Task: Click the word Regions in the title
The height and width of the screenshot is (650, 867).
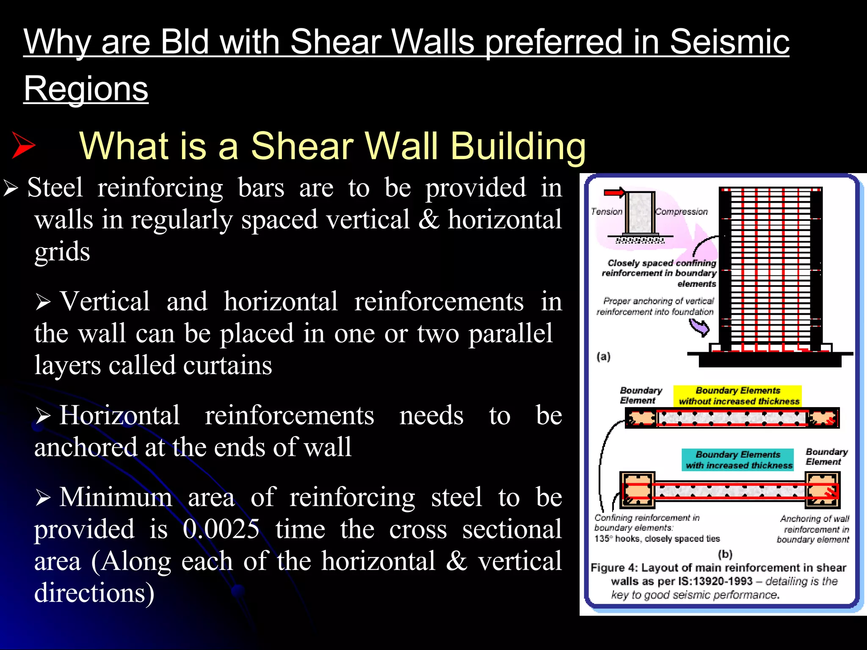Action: click(86, 88)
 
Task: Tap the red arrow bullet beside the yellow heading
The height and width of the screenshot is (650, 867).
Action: click(23, 145)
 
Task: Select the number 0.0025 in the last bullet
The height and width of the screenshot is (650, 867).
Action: click(221, 529)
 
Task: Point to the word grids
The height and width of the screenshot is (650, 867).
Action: click(62, 251)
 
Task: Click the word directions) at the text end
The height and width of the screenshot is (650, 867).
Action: click(94, 592)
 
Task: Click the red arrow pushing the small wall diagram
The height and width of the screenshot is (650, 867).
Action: click(614, 193)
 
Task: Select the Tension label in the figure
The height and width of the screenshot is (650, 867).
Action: click(606, 212)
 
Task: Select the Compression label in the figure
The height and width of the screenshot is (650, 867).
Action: click(682, 212)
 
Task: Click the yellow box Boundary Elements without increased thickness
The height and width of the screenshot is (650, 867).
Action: click(737, 396)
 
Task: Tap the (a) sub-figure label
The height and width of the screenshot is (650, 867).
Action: click(604, 356)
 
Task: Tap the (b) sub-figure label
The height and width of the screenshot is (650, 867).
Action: click(725, 554)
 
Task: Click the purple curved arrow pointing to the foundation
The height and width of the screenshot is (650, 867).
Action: click(699, 327)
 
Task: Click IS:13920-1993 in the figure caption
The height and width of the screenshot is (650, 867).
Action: click(715, 581)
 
